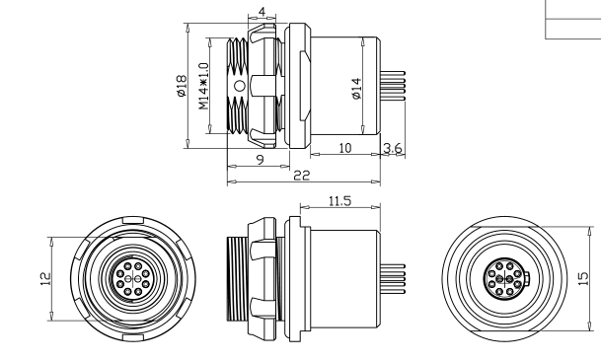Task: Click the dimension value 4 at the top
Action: [x=262, y=12]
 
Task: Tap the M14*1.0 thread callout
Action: [x=203, y=88]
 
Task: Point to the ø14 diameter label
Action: [x=354, y=89]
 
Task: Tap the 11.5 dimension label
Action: [x=339, y=201]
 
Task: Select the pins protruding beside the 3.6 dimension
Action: [x=391, y=88]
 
